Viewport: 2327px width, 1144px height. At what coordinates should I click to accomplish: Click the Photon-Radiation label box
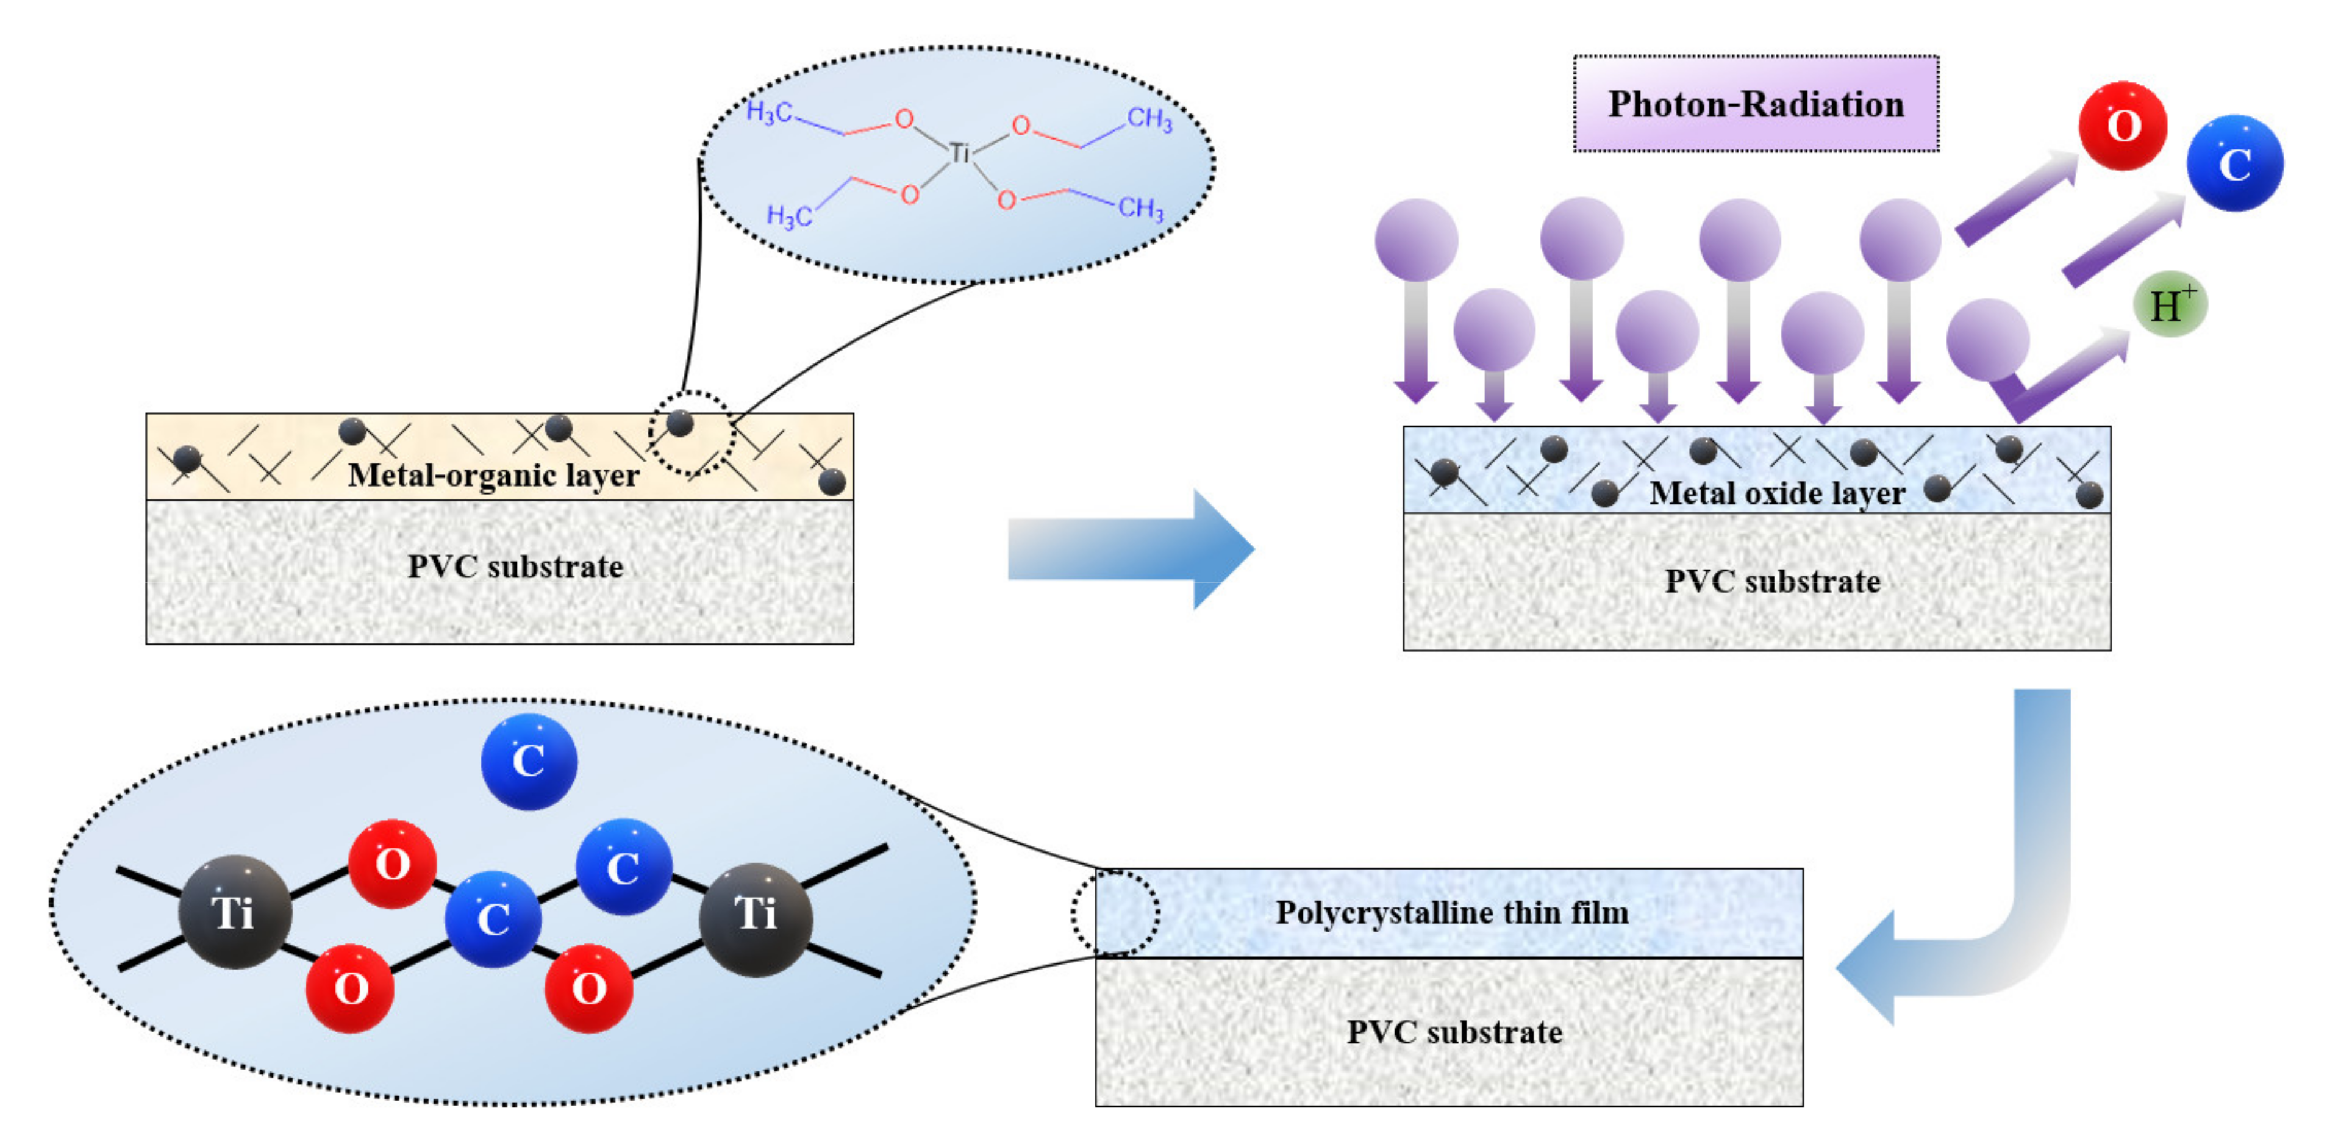[1755, 104]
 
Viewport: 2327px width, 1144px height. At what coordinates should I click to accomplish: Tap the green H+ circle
[2169, 304]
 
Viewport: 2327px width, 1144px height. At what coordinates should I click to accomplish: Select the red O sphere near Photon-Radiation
[2122, 126]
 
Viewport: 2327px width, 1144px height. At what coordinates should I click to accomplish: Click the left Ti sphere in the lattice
[234, 911]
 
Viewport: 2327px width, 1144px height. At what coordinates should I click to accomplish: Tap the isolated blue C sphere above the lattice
[529, 761]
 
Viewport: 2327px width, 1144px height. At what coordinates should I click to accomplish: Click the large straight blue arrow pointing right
[1129, 548]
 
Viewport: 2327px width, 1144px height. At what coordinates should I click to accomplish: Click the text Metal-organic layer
[493, 474]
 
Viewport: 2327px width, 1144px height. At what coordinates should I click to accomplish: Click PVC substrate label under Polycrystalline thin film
[1454, 1031]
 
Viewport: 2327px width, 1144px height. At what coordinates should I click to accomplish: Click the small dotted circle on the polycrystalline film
[1115, 913]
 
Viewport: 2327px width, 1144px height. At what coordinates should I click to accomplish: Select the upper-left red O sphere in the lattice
[392, 863]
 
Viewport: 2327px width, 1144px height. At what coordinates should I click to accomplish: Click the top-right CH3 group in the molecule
[1148, 118]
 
